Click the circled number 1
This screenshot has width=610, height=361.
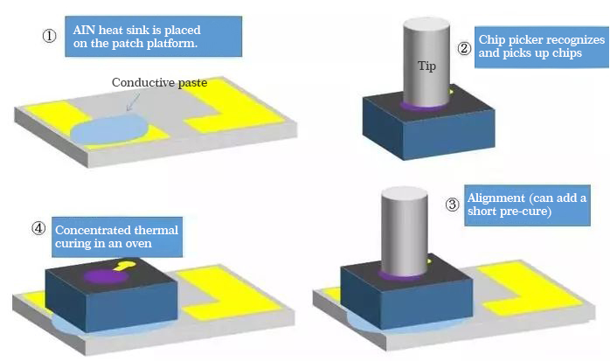point(50,38)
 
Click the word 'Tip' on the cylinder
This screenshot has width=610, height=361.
point(426,66)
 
